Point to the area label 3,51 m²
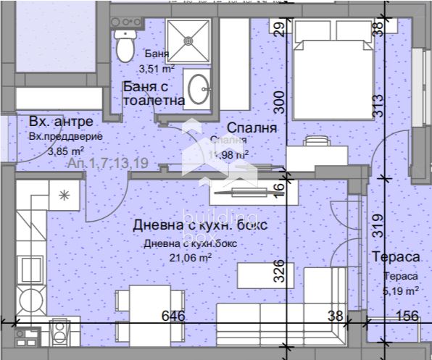pyautogui.click(x=157, y=69)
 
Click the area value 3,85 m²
pyautogui.click(x=65, y=151)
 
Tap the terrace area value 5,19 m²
pyautogui.click(x=401, y=290)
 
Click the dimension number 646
pyautogui.click(x=173, y=316)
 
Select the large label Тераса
pyautogui.click(x=396, y=257)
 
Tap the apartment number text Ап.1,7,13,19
pyautogui.click(x=109, y=164)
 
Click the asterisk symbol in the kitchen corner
pyautogui.click(x=64, y=194)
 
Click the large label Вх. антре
pyautogui.click(x=62, y=121)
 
